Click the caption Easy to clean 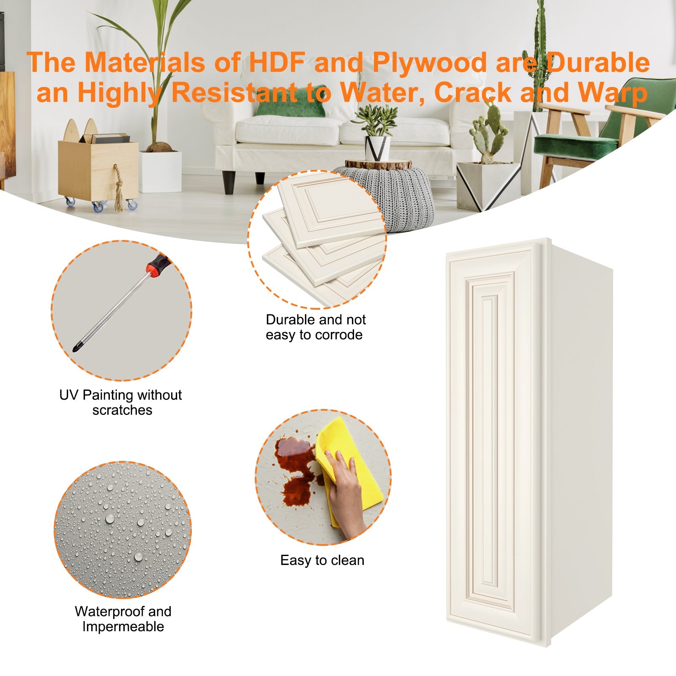click(322, 560)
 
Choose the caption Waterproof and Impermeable click(123, 619)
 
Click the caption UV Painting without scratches click(121, 402)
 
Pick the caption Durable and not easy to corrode click(315, 327)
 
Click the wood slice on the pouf click(378, 164)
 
